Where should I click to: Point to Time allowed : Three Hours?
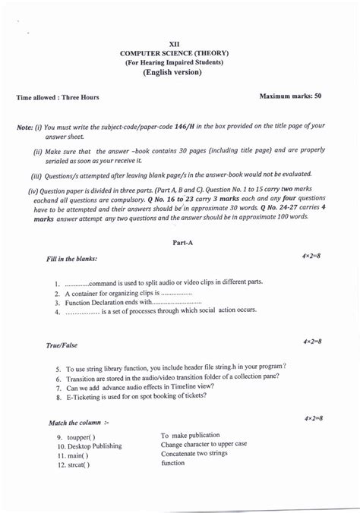[x=58, y=97]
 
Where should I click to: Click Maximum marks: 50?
[x=290, y=96]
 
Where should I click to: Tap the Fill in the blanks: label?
[x=71, y=259]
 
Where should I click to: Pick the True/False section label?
[x=62, y=345]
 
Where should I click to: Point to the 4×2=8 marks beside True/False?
[x=312, y=342]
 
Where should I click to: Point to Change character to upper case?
[x=204, y=444]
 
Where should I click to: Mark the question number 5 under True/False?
[x=58, y=367]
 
